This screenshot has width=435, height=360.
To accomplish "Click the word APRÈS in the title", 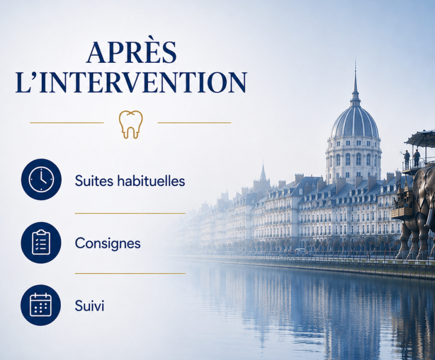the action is [x=131, y=52].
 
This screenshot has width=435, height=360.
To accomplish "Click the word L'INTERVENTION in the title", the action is [x=131, y=82].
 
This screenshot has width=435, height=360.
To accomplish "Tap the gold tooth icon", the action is [x=130, y=124].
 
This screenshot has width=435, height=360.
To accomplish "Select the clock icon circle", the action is [x=41, y=179].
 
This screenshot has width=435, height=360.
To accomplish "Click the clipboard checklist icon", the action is [x=41, y=242].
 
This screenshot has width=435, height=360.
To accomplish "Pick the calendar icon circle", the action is [x=41, y=305].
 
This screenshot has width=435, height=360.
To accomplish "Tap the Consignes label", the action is [x=108, y=244].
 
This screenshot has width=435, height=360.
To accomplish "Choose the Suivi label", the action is [x=89, y=306].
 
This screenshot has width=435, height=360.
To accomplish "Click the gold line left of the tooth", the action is [x=66, y=123].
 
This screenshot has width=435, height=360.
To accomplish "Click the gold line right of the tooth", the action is [x=194, y=123].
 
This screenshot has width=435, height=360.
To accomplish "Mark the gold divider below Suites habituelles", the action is [x=130, y=213].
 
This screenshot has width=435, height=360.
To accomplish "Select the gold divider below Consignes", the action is [x=130, y=273].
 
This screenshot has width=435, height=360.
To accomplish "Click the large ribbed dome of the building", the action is [x=354, y=122].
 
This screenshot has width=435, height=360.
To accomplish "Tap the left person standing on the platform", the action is [x=407, y=159].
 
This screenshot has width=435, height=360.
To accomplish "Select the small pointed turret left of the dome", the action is [x=263, y=173].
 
